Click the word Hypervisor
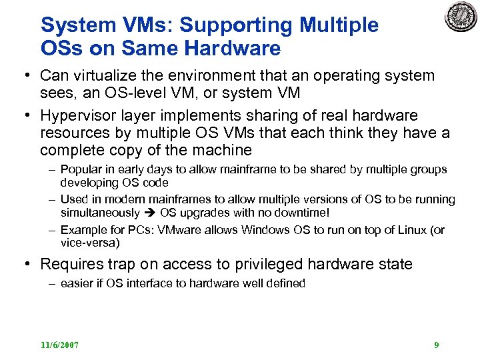(x=79, y=116)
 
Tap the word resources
(x=76, y=133)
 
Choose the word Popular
(x=80, y=170)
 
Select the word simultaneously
(x=99, y=212)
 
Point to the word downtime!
(x=307, y=212)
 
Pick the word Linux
(x=414, y=230)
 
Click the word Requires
(x=71, y=264)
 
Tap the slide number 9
(x=436, y=345)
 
